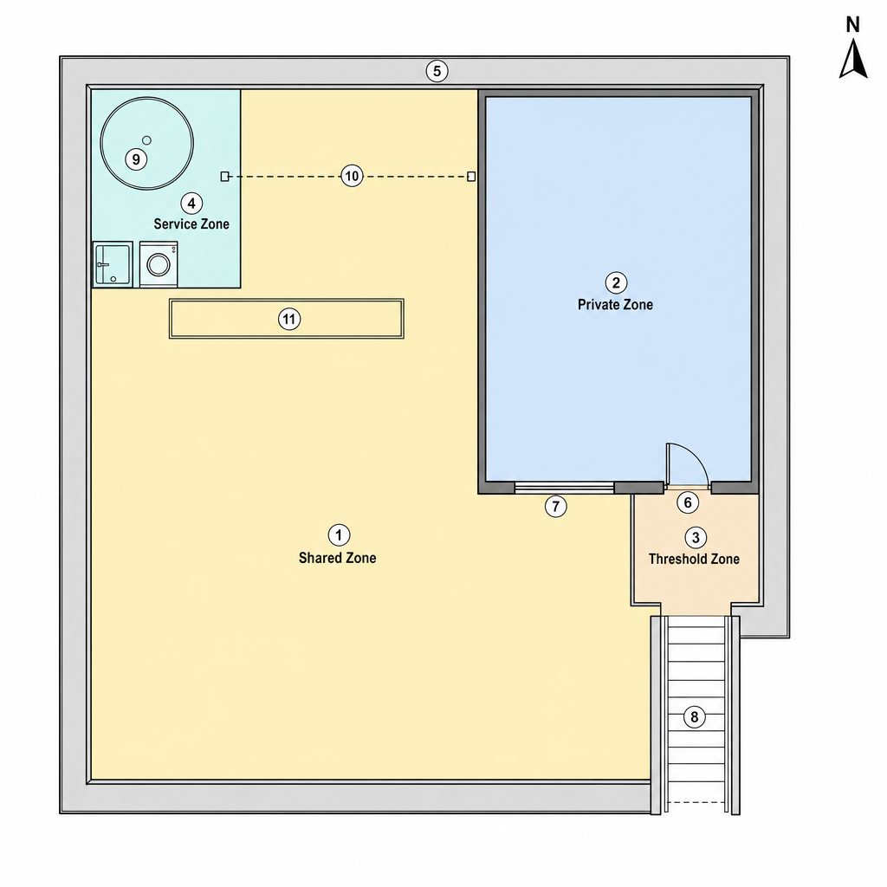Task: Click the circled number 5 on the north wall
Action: (x=437, y=71)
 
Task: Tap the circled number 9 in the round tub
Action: (x=136, y=159)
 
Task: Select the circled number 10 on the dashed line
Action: (x=352, y=177)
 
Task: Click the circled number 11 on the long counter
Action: (x=289, y=319)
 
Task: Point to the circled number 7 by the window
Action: (x=555, y=506)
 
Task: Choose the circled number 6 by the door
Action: (x=688, y=502)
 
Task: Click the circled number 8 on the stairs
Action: (x=694, y=717)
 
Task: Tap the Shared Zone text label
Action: (x=337, y=559)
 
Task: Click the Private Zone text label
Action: (x=615, y=305)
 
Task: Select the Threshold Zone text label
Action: (x=694, y=560)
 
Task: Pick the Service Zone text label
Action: (x=191, y=224)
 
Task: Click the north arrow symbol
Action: (x=853, y=59)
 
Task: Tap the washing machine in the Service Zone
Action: (x=159, y=264)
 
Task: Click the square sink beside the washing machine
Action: (x=113, y=264)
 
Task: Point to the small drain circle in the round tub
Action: (x=146, y=140)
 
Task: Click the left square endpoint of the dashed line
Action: (x=224, y=177)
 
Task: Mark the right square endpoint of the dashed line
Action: (x=471, y=177)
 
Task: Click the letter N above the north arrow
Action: (x=852, y=25)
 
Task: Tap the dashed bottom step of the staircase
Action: (x=696, y=802)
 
